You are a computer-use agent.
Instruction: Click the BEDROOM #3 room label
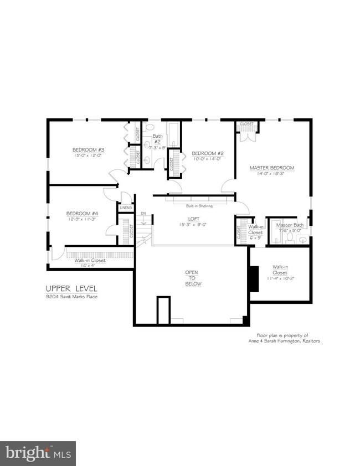click(x=85, y=150)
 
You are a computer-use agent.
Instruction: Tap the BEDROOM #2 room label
click(x=207, y=153)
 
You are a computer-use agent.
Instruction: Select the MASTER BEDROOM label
click(x=271, y=168)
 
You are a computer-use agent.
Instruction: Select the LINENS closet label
click(x=126, y=208)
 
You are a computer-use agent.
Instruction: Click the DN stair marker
click(x=143, y=213)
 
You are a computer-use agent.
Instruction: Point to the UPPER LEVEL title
click(x=72, y=288)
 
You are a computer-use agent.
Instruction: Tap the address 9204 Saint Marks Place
click(x=72, y=297)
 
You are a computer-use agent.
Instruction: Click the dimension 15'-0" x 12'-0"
click(x=85, y=156)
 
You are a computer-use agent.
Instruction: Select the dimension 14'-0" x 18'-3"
click(x=271, y=174)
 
